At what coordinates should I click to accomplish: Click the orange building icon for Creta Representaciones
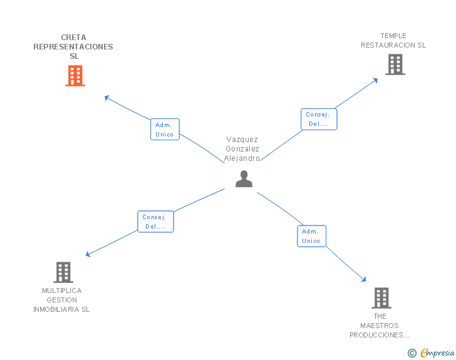point(75,76)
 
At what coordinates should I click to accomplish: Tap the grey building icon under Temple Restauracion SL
point(395,64)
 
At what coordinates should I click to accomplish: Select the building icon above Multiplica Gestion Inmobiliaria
point(63,272)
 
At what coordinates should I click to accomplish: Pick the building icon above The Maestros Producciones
point(381,298)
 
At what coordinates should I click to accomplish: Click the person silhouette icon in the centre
point(244,179)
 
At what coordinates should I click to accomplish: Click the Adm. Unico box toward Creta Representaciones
point(165,130)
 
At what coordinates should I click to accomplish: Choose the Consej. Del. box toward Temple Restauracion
point(319,119)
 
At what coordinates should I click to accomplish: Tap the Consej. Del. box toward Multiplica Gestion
point(155,222)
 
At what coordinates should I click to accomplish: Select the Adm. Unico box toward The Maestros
point(311,236)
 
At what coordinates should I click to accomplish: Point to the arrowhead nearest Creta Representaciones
point(106,98)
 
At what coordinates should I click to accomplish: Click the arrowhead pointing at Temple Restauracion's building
point(375,80)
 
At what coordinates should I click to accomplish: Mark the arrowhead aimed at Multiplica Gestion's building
point(88,254)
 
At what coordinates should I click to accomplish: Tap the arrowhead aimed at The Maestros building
point(364,279)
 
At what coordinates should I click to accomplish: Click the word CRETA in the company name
point(73,38)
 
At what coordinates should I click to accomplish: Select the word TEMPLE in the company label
point(393,36)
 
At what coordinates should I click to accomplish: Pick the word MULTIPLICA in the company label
point(62,291)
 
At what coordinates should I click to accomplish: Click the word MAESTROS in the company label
point(380,326)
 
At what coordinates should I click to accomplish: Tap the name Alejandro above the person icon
point(242,158)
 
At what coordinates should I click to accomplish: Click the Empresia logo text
point(437,352)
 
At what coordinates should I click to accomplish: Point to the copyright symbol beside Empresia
point(412,353)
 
